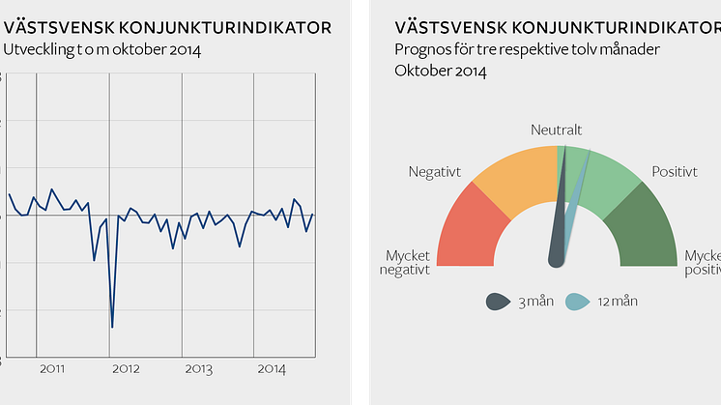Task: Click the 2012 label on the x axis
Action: click(126, 369)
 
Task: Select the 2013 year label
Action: click(198, 369)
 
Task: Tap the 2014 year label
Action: click(272, 369)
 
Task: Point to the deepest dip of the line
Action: click(112, 327)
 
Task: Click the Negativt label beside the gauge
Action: click(435, 172)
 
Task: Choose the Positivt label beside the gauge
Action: click(675, 172)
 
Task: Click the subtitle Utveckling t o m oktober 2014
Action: click(101, 49)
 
